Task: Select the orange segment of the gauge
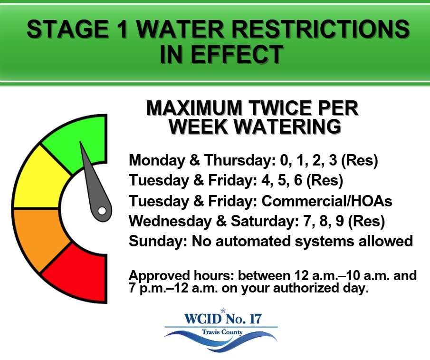[38, 239]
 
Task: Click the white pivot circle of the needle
[102, 211]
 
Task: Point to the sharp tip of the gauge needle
[80, 142]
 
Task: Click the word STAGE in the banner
[67, 29]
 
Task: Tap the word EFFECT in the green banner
[237, 54]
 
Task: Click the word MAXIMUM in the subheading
[194, 108]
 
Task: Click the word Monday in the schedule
[157, 160]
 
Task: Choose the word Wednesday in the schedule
[170, 221]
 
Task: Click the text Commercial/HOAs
[326, 201]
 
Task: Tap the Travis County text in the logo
[222, 332]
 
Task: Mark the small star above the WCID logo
[223, 311]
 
